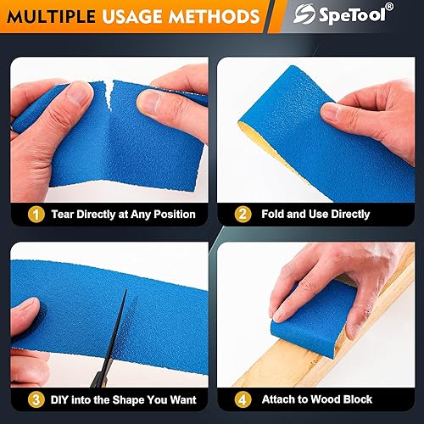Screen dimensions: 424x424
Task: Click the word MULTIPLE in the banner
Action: point(51,17)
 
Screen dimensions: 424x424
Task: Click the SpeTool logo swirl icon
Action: point(304,14)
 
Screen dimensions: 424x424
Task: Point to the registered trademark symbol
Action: point(389,7)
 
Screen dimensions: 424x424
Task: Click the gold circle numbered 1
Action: point(36,215)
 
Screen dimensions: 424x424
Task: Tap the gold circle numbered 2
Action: point(243,215)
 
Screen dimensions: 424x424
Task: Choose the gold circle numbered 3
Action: point(36,400)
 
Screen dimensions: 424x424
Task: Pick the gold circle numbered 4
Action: point(243,399)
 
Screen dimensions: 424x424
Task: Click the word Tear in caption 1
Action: point(63,215)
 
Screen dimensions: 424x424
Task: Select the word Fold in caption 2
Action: point(272,214)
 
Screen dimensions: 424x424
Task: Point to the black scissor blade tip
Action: point(126,290)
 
